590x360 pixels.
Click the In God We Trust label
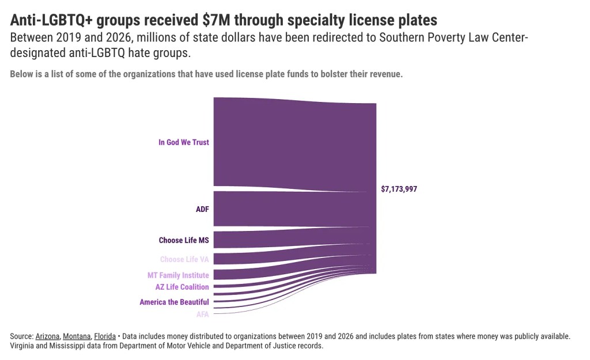[183, 142]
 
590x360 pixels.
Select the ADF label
[202, 209]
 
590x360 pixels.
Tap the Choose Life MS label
[184, 240]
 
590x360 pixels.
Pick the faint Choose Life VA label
[184, 259]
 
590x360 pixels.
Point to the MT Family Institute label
[178, 275]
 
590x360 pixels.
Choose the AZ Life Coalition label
[182, 287]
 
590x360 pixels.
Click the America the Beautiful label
[174, 302]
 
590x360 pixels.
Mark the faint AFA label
[202, 314]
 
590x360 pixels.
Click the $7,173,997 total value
[399, 189]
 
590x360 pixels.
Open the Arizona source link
[47, 336]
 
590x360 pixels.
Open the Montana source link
[77, 336]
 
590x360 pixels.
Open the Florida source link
[105, 336]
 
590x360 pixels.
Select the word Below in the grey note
[22, 75]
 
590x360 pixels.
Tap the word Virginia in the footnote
[24, 346]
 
